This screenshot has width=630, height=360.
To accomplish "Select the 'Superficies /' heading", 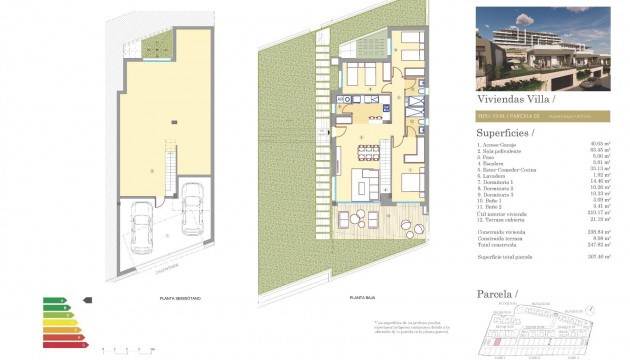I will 504,132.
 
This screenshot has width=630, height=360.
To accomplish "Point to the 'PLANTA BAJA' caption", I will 363,297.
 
